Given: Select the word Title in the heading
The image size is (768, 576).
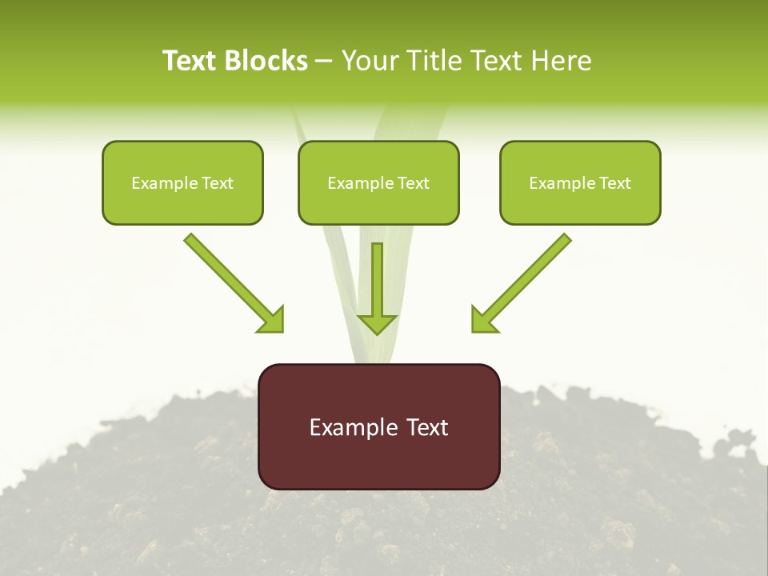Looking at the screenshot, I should click(x=437, y=61).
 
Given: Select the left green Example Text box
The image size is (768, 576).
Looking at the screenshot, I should click(x=182, y=182).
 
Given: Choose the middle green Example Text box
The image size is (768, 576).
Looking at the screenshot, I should click(x=378, y=182).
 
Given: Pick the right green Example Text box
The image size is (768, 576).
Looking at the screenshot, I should click(x=580, y=182).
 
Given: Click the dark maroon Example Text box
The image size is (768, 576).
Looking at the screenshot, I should click(x=378, y=426).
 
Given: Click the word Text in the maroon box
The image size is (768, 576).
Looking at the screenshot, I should click(x=426, y=427).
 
